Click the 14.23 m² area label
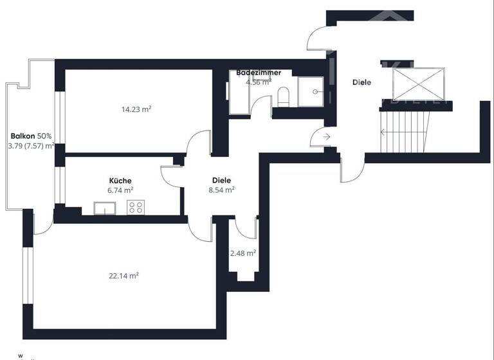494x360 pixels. coord(136,109)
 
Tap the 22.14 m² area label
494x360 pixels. coord(124,276)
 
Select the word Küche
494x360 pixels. coord(120,181)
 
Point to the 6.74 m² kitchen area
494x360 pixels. coord(120,190)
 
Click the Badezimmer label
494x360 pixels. coord(259,73)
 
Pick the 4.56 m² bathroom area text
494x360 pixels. coord(259,82)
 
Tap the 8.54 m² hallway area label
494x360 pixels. coord(221,190)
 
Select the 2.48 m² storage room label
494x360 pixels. coord(243,253)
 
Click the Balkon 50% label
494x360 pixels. coord(31,136)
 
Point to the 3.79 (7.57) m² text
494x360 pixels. coord(31,146)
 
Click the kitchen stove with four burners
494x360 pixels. coord(136,207)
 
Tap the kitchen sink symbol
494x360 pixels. coord(104,208)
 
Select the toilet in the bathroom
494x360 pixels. coord(284,97)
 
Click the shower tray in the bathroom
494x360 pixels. coord(313,91)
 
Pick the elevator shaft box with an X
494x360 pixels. coord(419,82)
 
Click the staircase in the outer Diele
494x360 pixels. coord(405,131)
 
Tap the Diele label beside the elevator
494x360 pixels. coord(361,83)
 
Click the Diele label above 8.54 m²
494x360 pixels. coord(221,181)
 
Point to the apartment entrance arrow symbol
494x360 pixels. coord(326,136)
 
